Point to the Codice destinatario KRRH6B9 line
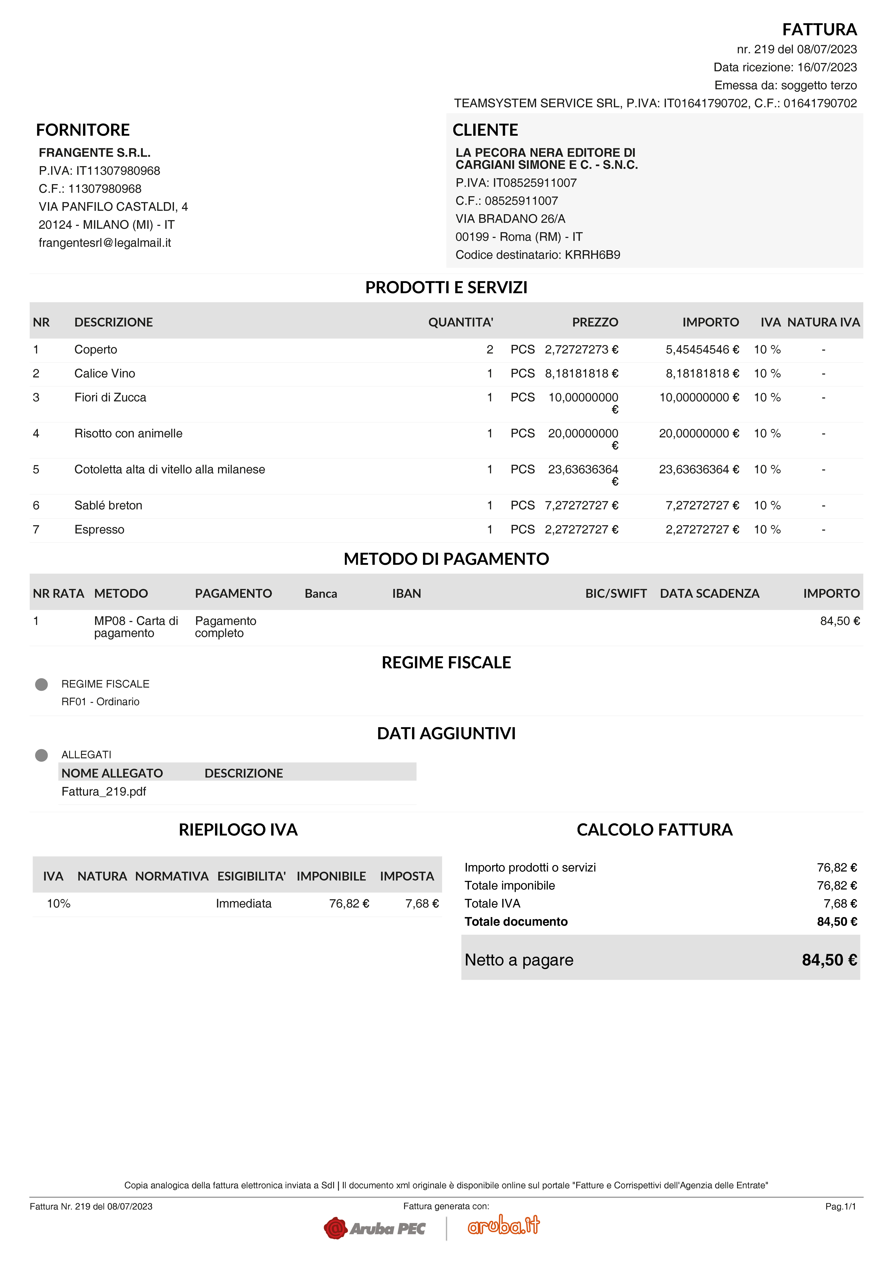538,255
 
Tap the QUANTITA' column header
460,322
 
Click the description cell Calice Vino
105,373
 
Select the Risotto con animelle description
128,433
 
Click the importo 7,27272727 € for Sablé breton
702,506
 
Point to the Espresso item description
99,530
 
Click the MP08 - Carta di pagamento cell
136,627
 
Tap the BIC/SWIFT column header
616,594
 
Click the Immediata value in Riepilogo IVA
243,904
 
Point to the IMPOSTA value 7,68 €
421,904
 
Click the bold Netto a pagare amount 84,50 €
829,960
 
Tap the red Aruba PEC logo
375,1228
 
